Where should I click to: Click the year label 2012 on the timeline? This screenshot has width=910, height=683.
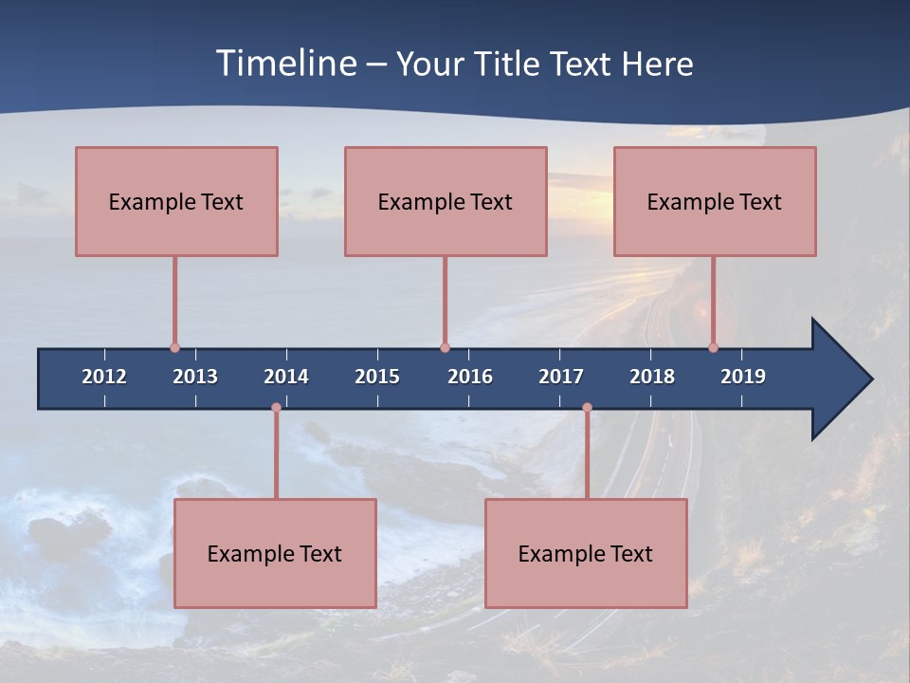pyautogui.click(x=104, y=377)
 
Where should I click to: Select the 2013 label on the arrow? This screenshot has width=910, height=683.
pyautogui.click(x=195, y=377)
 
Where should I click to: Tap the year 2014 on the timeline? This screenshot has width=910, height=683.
pyautogui.click(x=286, y=377)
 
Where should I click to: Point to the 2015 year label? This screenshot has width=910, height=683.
pyautogui.click(x=377, y=377)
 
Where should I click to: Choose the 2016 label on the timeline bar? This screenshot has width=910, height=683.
pyautogui.click(x=470, y=377)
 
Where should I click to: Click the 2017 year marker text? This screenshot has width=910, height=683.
pyautogui.click(x=561, y=377)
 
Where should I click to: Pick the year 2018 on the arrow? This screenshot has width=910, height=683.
pyautogui.click(x=652, y=377)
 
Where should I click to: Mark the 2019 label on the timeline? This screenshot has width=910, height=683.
pyautogui.click(x=743, y=377)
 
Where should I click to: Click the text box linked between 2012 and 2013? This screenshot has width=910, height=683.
pyautogui.click(x=176, y=201)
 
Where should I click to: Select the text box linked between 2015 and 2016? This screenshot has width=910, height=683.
pyautogui.click(x=446, y=201)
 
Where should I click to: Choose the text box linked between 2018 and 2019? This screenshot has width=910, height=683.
pyautogui.click(x=715, y=201)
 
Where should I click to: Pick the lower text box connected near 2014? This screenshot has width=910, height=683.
pyautogui.click(x=275, y=553)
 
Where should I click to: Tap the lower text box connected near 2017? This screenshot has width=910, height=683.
pyautogui.click(x=586, y=553)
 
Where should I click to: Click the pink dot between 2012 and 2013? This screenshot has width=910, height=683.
pyautogui.click(x=174, y=347)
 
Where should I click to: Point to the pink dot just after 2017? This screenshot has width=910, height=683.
pyautogui.click(x=587, y=408)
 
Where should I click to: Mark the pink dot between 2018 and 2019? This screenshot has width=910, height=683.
pyautogui.click(x=713, y=347)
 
